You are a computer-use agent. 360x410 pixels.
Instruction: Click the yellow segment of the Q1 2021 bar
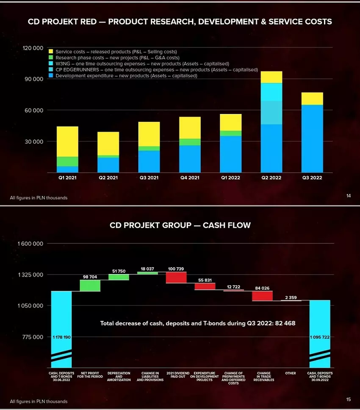pyautogui.click(x=67, y=141)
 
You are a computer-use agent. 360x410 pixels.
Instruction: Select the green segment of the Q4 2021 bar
pyautogui.click(x=189, y=142)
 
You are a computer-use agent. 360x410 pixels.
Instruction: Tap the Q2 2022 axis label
pyautogui.click(x=271, y=178)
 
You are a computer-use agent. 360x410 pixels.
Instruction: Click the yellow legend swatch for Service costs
pyautogui.click(x=51, y=52)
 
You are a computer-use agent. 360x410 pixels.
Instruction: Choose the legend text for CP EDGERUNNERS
pyautogui.click(x=157, y=69)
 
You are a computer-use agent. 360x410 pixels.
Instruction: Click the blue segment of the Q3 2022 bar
pyautogui.click(x=312, y=138)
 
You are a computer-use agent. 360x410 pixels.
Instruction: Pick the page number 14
pyautogui.click(x=349, y=196)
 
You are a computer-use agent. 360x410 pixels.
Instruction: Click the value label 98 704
pyautogui.click(x=90, y=277)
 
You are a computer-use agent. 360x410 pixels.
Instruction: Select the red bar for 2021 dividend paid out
pyautogui.click(x=176, y=277)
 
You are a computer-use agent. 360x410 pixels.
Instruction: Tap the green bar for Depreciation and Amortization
pyautogui.click(x=119, y=277)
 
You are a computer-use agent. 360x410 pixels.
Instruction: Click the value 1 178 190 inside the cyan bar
pyautogui.click(x=61, y=337)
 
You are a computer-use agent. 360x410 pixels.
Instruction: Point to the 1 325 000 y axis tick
pyautogui.click(x=31, y=275)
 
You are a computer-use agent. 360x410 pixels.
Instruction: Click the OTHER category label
pyautogui.click(x=291, y=373)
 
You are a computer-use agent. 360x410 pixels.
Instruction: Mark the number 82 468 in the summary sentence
pyautogui.click(x=285, y=323)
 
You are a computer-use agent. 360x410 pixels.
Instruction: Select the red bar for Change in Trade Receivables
pyautogui.click(x=263, y=296)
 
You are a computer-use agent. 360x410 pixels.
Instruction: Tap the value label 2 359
pyautogui.click(x=291, y=298)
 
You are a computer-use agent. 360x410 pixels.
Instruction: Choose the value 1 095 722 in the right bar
pyautogui.click(x=319, y=337)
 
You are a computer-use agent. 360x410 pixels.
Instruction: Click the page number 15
pyautogui.click(x=349, y=399)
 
